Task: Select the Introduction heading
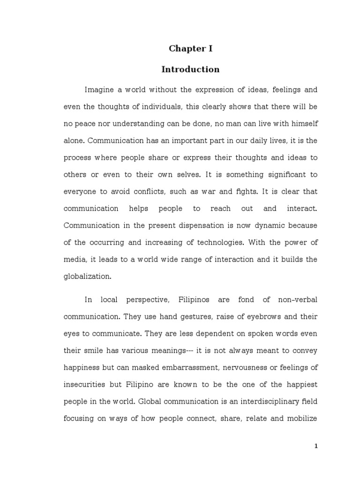[190, 69]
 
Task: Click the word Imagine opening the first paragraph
[99, 90]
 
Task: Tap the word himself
[302, 124]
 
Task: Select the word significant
[278, 175]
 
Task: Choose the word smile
[91, 351]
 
